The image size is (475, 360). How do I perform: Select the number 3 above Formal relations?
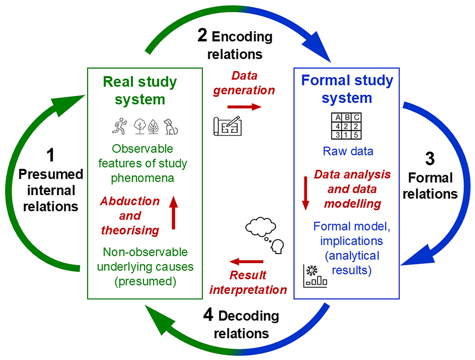pos(430,159)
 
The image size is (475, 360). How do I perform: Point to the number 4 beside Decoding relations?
pos(208,316)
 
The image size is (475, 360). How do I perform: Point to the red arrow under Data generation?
pos(244,107)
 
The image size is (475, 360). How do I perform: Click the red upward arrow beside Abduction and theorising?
pos(173,212)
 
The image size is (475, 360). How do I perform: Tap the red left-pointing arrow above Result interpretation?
pos(247,262)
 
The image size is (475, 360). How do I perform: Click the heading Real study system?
pos(140,90)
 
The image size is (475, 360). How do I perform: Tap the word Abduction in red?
pos(130,201)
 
